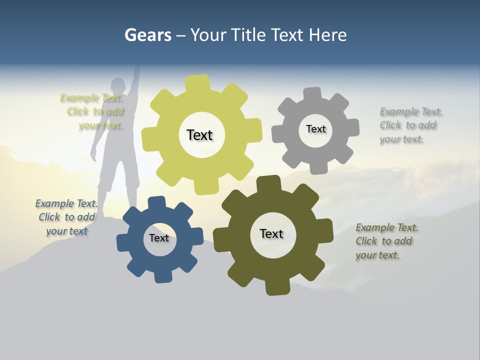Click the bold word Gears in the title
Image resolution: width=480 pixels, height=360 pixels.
(147, 35)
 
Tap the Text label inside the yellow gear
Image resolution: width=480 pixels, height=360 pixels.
(199, 135)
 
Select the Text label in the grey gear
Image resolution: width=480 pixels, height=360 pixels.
(315, 129)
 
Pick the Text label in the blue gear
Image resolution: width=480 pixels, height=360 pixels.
(158, 238)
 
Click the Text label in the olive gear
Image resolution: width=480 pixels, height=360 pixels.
(271, 233)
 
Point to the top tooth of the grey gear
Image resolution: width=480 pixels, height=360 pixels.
(312, 94)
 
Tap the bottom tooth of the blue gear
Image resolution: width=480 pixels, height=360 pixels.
(162, 276)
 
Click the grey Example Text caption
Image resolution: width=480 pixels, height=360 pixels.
(410, 125)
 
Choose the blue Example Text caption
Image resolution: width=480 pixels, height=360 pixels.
(66, 217)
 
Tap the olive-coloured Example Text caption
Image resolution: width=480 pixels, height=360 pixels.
(386, 241)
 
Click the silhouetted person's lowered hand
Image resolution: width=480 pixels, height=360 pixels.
(93, 155)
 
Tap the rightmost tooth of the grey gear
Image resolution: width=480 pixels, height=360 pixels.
(352, 127)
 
